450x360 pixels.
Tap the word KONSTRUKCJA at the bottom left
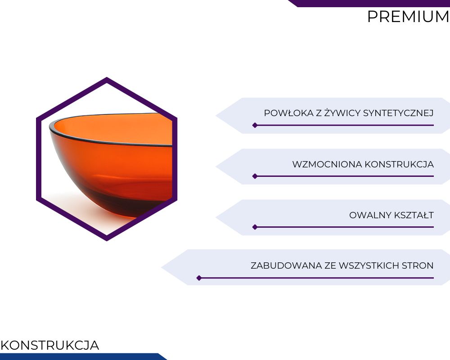coord(49,345)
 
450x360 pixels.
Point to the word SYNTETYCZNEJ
coord(398,113)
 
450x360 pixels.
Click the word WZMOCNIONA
coord(327,164)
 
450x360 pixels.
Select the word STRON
coord(418,265)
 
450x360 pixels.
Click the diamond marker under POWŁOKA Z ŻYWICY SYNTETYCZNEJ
coord(255,125)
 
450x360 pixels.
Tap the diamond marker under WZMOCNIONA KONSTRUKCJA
coord(255,176)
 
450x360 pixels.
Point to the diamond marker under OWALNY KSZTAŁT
coord(255,227)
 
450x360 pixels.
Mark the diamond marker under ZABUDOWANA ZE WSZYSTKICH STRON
coord(199,278)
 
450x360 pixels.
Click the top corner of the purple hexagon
coord(107,77)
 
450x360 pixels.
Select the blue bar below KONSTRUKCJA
coord(83,356)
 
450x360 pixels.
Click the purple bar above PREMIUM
coord(369,3)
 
